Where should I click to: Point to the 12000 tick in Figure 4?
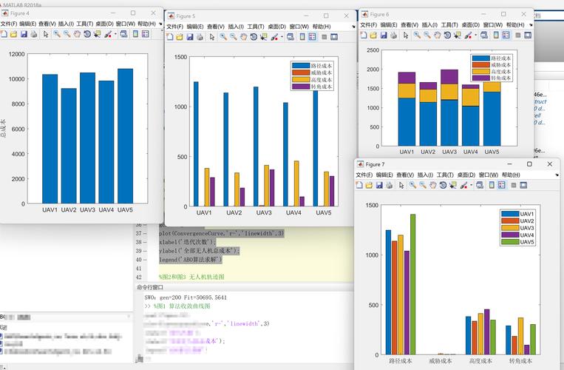point(16,54)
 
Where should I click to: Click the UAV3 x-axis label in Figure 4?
point(87,210)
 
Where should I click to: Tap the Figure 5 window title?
point(186,15)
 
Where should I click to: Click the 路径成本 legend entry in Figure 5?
point(321,66)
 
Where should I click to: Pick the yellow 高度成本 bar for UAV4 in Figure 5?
point(296,184)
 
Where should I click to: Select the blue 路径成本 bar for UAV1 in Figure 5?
point(196,144)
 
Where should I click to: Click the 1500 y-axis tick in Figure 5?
point(180,57)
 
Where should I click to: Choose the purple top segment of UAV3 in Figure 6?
point(449,77)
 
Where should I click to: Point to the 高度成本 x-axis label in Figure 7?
point(480,362)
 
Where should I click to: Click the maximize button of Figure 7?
point(529,164)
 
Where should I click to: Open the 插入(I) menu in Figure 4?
point(66,24)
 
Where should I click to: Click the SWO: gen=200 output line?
point(186,297)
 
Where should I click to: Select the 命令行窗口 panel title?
point(151,287)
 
